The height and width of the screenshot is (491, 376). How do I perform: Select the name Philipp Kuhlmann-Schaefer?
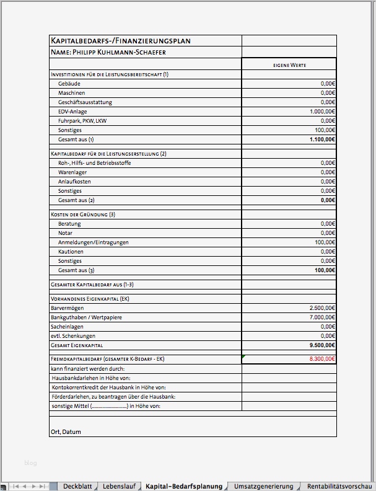click(x=108, y=52)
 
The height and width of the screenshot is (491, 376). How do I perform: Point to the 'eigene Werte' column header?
click(x=289, y=64)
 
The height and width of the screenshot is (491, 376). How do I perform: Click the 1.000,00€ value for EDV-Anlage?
click(x=322, y=112)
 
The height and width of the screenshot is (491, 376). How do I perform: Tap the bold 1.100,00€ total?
click(x=322, y=139)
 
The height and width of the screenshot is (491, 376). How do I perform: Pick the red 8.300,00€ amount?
click(x=321, y=359)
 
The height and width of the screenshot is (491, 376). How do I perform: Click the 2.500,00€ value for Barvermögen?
click(x=322, y=308)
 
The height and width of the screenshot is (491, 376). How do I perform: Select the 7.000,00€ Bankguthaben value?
click(x=322, y=317)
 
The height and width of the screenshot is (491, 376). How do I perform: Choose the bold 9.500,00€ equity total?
click(x=322, y=345)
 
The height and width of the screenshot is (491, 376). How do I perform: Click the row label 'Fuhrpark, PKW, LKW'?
click(x=82, y=121)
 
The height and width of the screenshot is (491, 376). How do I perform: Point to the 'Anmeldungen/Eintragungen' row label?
click(x=93, y=242)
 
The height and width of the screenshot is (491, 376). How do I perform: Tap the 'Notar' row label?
click(x=66, y=233)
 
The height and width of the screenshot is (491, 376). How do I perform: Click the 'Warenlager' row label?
click(x=72, y=172)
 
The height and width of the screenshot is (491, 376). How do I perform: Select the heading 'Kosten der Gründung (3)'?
click(x=83, y=215)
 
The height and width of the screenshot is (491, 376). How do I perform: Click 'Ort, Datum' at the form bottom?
click(x=66, y=431)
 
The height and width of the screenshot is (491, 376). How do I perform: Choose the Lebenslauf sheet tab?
click(x=119, y=487)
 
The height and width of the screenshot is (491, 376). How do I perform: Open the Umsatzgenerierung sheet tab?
click(x=263, y=487)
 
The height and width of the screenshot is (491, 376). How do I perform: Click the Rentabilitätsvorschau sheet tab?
click(x=339, y=487)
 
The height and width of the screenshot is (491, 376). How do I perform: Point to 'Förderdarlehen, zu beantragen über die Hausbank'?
click(x=113, y=396)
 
